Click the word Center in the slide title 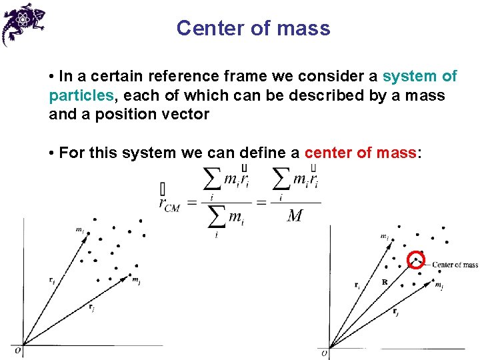click(x=204, y=29)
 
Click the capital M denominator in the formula click(x=295, y=217)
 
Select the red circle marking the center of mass click(x=417, y=259)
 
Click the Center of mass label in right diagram click(x=455, y=265)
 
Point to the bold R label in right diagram click(x=385, y=282)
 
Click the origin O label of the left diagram click(x=18, y=349)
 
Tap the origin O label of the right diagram click(x=325, y=353)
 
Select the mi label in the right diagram click(x=385, y=237)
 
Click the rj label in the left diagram click(x=91, y=307)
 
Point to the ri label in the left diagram click(x=52, y=281)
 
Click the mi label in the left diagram click(x=79, y=231)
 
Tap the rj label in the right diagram click(x=396, y=311)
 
